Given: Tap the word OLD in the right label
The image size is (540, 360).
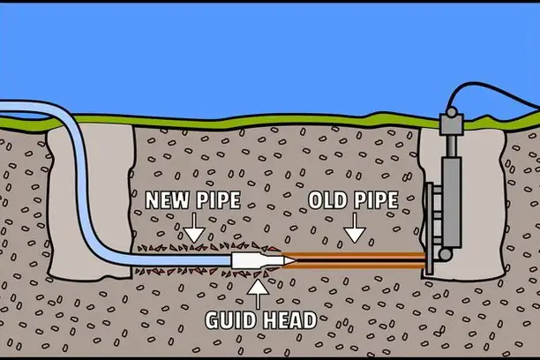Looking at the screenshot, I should coord(328,199).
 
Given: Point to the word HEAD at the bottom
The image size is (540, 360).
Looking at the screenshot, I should coord(289,319).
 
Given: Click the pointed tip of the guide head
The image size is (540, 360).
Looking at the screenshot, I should coord(292,260).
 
